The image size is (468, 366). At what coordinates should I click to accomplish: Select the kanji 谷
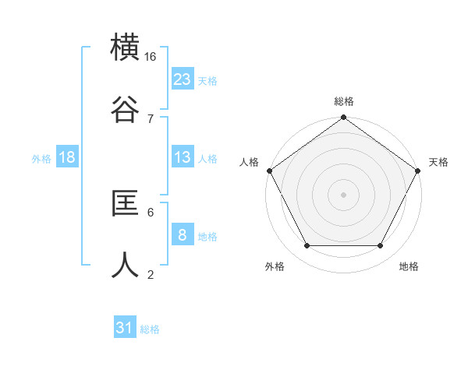[126, 110]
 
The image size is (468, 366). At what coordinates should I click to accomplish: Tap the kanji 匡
[126, 203]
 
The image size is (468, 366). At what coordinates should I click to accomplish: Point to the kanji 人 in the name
[126, 266]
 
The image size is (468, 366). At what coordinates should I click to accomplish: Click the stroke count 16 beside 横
[151, 57]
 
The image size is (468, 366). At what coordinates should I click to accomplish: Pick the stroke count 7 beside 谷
[151, 118]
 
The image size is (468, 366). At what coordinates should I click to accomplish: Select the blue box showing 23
[183, 79]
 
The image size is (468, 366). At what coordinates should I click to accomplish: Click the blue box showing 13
[183, 157]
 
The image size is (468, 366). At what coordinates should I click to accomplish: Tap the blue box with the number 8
[183, 235]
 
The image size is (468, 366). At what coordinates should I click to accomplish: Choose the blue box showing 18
[67, 157]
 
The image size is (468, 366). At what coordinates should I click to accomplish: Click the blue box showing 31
[125, 328]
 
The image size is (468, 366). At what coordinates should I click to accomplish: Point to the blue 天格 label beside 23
[207, 80]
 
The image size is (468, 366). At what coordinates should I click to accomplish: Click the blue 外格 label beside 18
[41, 158]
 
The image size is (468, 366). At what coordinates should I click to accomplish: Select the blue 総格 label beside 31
[150, 329]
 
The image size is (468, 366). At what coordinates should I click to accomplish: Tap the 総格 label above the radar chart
[344, 101]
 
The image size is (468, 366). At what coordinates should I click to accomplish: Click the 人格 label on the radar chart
[250, 162]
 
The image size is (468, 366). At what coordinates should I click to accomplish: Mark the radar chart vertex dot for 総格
[344, 118]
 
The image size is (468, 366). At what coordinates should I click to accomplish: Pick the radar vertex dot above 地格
[381, 246]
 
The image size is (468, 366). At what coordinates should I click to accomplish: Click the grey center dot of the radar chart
[344, 194]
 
